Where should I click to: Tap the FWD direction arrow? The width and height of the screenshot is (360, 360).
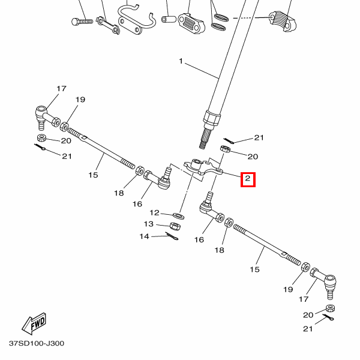point(34,324)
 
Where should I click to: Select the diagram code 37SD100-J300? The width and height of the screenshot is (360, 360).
point(37,343)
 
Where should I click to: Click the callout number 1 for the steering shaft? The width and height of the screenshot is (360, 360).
point(181,61)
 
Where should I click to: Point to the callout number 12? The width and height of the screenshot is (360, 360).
point(154,212)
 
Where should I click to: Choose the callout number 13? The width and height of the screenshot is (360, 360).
point(149,224)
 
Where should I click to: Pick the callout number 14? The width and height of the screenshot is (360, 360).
point(145,236)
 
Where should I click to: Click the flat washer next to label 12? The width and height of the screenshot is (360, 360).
point(178,216)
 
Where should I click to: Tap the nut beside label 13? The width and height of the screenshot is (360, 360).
point(175,226)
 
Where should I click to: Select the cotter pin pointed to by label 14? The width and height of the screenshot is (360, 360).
point(172,236)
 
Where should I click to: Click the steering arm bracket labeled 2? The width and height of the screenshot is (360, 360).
point(203,167)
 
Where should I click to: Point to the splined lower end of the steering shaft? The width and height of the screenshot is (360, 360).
point(205,139)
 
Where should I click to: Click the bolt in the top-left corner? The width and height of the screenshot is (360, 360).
point(82,22)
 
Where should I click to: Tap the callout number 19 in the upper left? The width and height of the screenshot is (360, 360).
point(80,100)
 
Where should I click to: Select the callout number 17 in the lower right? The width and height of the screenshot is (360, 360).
point(303,299)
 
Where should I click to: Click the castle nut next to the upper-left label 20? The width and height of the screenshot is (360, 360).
point(42,138)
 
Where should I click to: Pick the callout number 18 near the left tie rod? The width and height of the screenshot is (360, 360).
point(119,193)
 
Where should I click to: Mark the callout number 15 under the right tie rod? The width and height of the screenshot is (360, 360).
point(254,269)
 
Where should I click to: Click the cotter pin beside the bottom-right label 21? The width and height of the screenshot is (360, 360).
point(328,317)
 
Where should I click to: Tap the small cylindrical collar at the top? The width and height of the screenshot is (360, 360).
point(169,19)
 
